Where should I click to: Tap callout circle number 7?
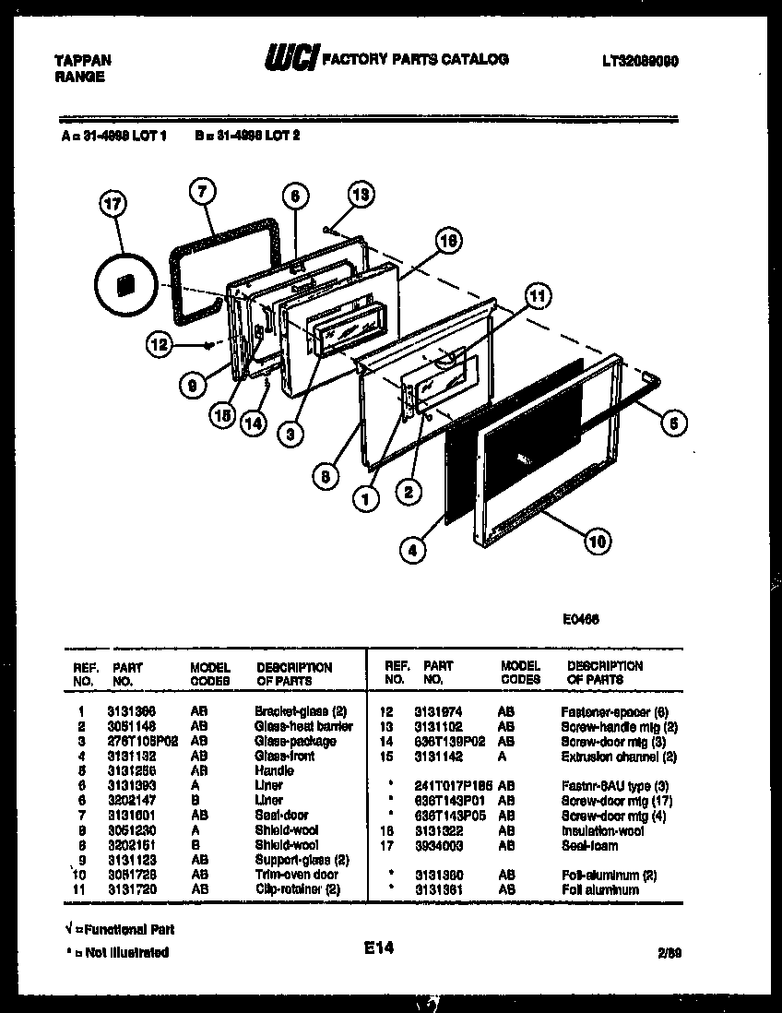click(x=202, y=193)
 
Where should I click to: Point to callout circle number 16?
click(x=447, y=242)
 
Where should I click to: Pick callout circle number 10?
click(x=598, y=542)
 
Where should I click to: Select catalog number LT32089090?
click(x=640, y=60)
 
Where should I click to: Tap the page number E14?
click(x=378, y=947)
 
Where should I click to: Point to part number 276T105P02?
click(x=142, y=741)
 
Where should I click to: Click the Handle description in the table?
click(x=274, y=770)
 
